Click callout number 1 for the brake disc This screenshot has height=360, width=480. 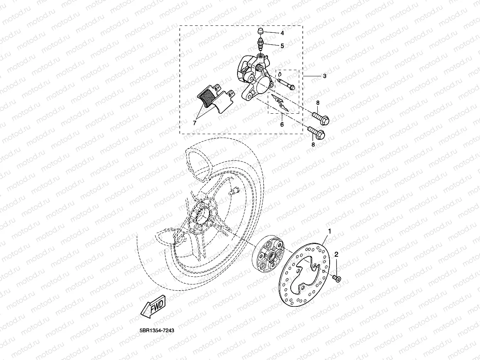tap(330, 231)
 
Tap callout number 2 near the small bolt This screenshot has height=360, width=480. tap(336, 254)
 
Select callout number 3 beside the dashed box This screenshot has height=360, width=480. tap(325, 76)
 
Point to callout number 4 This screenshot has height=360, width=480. tap(282, 33)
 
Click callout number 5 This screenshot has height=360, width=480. tap(282, 46)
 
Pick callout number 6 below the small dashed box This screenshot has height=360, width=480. tap(282, 124)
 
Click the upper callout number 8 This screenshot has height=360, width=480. tap(318, 103)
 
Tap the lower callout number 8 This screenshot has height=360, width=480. tap(313, 145)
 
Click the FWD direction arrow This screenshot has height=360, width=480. tap(153, 306)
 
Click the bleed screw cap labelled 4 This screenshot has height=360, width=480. tap(261, 31)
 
